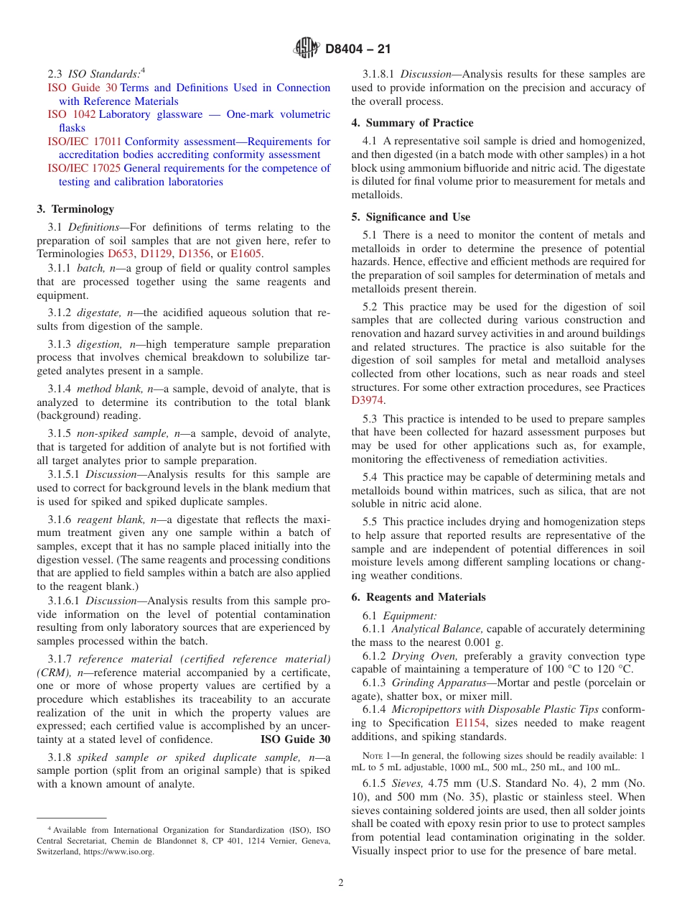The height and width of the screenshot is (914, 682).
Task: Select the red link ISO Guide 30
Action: (82, 88)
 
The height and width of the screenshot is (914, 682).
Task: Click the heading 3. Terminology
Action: (75, 209)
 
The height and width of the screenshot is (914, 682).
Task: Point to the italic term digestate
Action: (100, 313)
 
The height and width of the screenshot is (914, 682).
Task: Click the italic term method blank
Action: (110, 389)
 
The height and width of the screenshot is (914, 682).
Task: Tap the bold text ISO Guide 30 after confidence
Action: (295, 739)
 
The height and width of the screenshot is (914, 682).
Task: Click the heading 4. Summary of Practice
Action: (412, 123)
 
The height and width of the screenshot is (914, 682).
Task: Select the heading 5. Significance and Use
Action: (411, 217)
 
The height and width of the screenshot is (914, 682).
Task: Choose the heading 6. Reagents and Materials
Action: (419, 597)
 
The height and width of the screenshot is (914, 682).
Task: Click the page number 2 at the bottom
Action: (341, 883)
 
